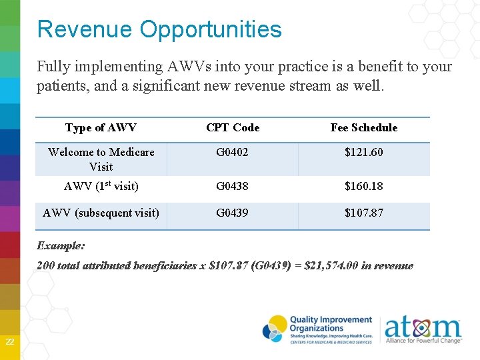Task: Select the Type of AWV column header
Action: click(x=101, y=127)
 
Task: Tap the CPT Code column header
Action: click(x=233, y=127)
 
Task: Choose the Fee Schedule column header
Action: click(x=363, y=127)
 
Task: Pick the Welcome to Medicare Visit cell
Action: click(x=101, y=159)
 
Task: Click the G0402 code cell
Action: click(x=232, y=152)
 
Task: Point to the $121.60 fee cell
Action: click(x=363, y=152)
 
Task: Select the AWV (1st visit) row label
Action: click(x=101, y=186)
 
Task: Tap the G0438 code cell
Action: click(x=232, y=186)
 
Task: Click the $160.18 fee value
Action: click(x=363, y=186)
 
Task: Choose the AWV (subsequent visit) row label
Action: click(x=101, y=213)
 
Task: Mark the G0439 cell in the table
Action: click(x=232, y=213)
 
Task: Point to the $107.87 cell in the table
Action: click(x=363, y=213)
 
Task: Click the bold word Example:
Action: click(x=61, y=245)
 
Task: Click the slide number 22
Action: click(x=10, y=342)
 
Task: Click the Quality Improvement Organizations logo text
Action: click(x=330, y=324)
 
